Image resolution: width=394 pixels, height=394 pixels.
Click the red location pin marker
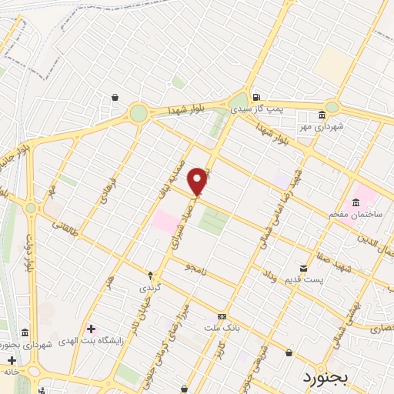pyautogui.click(x=198, y=181)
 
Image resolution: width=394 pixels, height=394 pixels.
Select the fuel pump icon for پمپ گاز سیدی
pyautogui.click(x=256, y=95)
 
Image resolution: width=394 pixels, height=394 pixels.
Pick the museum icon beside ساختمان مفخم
pyautogui.click(x=355, y=202)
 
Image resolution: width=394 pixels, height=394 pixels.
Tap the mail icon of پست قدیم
pyautogui.click(x=303, y=269)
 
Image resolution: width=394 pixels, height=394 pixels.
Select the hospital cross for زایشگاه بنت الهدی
pyautogui.click(x=92, y=329)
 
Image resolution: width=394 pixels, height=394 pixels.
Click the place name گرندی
pyautogui.click(x=150, y=287)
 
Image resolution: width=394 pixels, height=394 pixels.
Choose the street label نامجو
pyautogui.click(x=195, y=267)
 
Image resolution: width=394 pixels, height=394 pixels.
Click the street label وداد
pyautogui.click(x=269, y=275)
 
